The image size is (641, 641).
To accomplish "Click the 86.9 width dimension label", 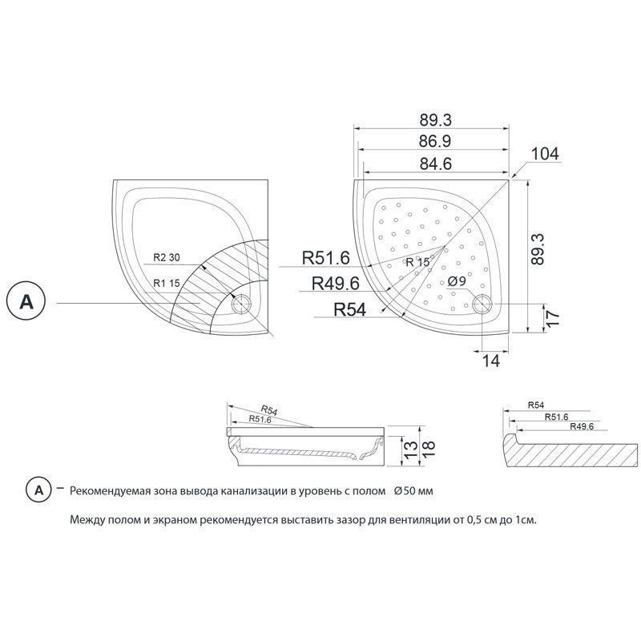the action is pos(435,142).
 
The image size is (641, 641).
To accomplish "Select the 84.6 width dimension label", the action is pos(436,164).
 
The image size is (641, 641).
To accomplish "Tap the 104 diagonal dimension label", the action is pos(545,154).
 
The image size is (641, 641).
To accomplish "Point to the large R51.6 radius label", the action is pos(326,258).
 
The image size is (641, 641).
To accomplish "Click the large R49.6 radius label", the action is pos(335,283).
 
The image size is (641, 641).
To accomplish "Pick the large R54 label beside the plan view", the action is pos(350,310).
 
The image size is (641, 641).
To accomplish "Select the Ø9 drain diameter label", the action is pos(457,281).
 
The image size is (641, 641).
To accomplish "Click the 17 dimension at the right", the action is pos(551,317).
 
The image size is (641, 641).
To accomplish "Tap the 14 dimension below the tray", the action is pos(491,361).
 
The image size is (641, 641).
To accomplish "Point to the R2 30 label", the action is pos(167,257).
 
